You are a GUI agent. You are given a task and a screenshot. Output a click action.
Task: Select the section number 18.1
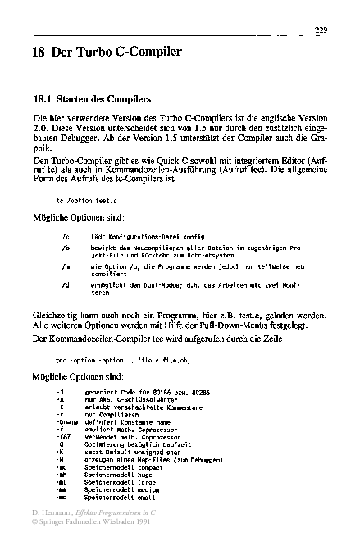41,98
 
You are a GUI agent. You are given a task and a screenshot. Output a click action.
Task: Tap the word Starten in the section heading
78,98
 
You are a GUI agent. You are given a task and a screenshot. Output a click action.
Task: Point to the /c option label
66,235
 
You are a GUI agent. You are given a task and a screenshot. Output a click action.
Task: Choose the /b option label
66,247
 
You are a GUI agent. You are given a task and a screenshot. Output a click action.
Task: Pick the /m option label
66,266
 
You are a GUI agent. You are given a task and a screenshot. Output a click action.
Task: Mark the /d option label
66,284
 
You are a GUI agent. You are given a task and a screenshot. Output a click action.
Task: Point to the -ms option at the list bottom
62,498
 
